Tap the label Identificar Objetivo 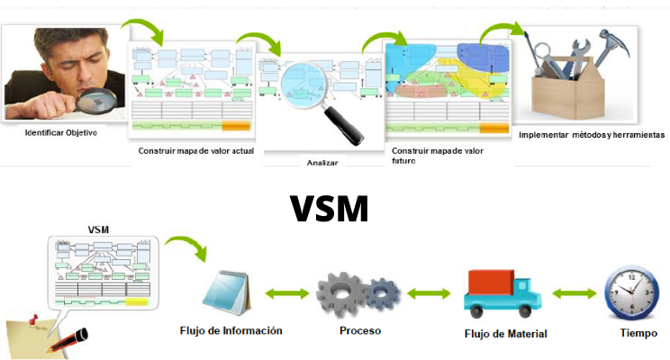61,133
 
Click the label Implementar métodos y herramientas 592,135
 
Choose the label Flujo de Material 505,334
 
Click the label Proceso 360,330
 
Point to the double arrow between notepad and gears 289,293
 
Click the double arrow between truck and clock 573,293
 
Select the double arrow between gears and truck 429,293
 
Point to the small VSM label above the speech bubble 100,229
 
